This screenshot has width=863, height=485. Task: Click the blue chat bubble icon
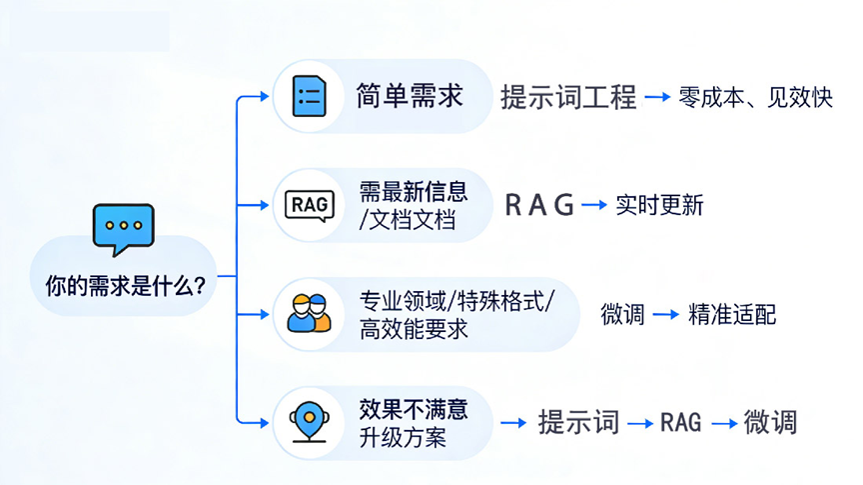pos(123,230)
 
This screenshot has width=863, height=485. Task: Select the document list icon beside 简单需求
pos(309,96)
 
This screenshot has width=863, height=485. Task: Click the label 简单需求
pos(410,96)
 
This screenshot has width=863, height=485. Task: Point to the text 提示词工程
pos(568,97)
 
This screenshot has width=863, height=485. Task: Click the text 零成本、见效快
pos(755,97)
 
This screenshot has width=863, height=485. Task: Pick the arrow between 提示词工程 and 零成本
pos(657,97)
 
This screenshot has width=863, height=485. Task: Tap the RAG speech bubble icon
pos(309,205)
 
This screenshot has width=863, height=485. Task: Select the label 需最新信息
pos(414,190)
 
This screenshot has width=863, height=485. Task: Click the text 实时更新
pos(659,205)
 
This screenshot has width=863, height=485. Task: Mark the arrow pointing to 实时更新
pos(595,205)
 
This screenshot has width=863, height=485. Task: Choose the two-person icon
pos(309,313)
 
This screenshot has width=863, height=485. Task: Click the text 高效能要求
pos(414,329)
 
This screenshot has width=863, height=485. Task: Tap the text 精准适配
pos(732,314)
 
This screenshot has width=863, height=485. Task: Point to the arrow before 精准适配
pos(666,314)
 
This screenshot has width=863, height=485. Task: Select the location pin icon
pos(309,422)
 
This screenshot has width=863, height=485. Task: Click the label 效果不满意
pos(414,408)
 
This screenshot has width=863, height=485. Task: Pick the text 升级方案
pos(404,437)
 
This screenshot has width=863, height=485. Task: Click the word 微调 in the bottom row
pos(770,422)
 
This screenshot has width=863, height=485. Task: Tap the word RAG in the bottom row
pos(681,422)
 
